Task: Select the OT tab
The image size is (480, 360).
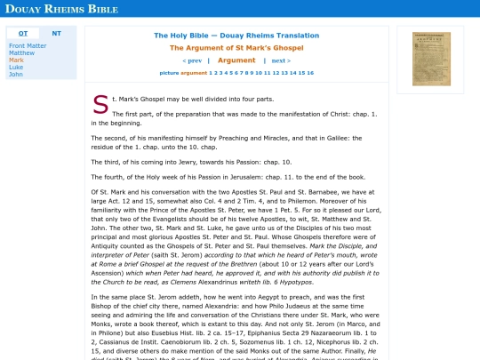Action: click(23, 33)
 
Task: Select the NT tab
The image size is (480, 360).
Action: click(56, 33)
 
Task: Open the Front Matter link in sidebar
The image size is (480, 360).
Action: click(28, 45)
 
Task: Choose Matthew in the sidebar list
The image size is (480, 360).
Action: click(21, 52)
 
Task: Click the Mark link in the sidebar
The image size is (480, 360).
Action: click(16, 60)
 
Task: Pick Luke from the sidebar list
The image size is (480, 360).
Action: click(16, 67)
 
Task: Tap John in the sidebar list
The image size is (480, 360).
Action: click(16, 74)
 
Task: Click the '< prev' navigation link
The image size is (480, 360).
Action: click(192, 60)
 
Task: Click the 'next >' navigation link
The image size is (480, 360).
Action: click(281, 60)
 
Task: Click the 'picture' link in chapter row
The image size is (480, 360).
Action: click(169, 73)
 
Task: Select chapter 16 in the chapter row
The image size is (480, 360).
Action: click(308, 73)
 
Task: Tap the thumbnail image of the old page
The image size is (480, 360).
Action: click(431, 59)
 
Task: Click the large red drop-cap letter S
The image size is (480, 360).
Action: click(100, 105)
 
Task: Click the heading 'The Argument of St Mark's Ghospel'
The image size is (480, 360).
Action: click(236, 48)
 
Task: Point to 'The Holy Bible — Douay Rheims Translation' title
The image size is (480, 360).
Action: click(236, 36)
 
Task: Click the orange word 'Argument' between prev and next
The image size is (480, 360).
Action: click(236, 60)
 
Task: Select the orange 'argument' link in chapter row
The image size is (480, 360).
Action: click(194, 73)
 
